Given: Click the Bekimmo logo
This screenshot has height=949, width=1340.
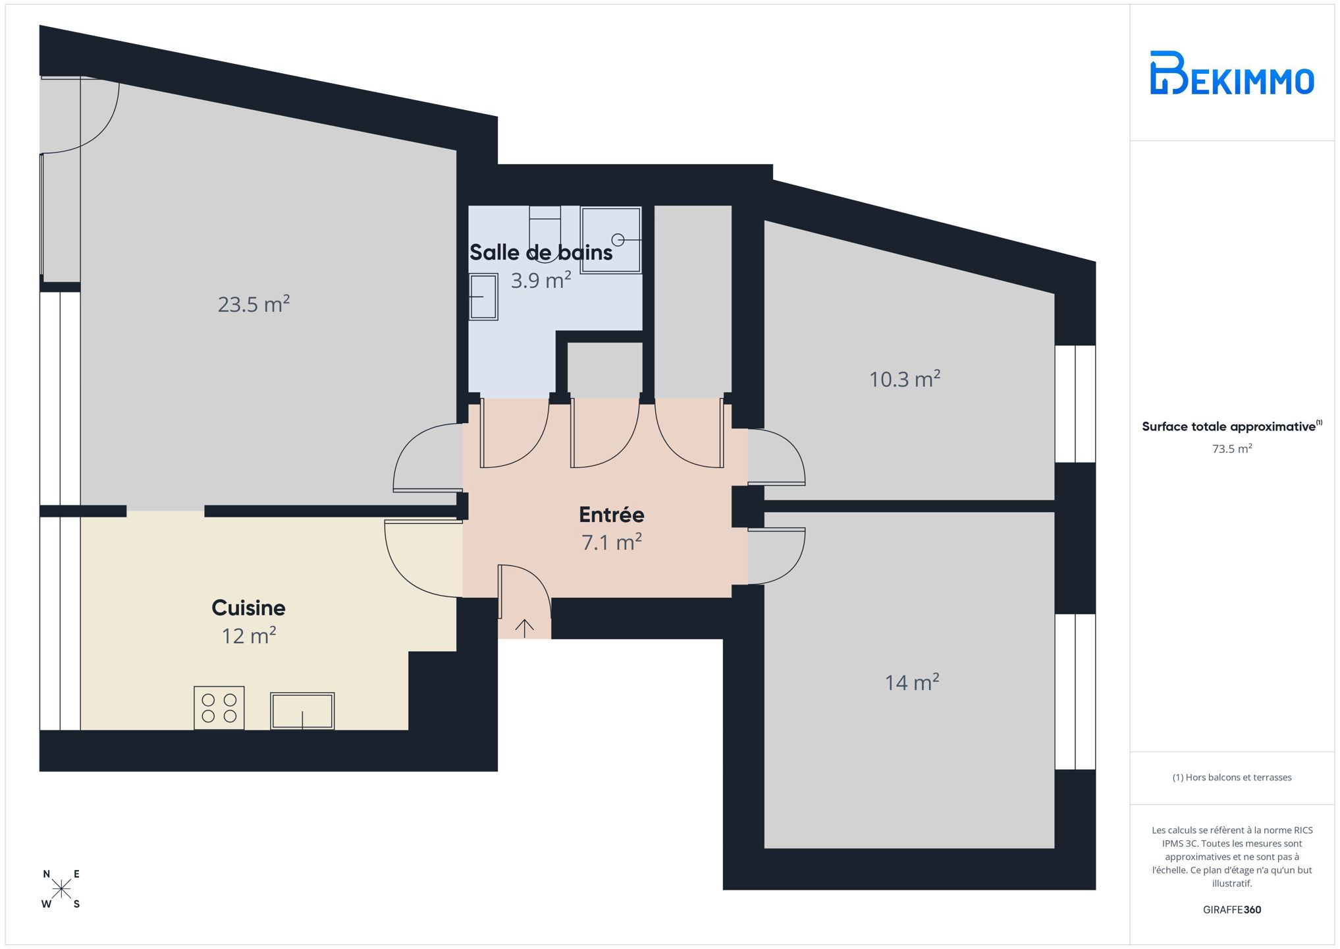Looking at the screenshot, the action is (1231, 72).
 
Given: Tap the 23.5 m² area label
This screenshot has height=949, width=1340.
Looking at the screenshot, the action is (254, 304).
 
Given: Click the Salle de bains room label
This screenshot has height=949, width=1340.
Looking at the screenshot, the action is (541, 252).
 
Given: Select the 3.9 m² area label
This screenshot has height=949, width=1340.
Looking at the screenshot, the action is (541, 280).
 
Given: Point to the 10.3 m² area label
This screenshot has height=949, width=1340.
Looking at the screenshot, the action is (904, 379).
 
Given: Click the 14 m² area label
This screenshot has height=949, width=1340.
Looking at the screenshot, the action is (911, 682).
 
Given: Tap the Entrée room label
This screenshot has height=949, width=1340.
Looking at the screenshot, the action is (611, 514).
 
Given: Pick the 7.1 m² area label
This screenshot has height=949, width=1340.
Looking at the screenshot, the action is (611, 542).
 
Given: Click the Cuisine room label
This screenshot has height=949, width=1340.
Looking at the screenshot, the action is (248, 608).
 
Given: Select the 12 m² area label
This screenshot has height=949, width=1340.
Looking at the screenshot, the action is (248, 635).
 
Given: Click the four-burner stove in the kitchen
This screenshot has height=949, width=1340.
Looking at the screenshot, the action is (219, 708).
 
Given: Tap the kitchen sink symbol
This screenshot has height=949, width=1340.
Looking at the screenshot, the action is (302, 710).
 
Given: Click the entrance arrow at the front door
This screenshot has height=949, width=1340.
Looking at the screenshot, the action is (524, 628).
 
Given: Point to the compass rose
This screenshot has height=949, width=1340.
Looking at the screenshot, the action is (61, 890).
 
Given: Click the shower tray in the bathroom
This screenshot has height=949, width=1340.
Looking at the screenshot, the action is (610, 239).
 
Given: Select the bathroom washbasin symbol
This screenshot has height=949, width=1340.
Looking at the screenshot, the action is (483, 297).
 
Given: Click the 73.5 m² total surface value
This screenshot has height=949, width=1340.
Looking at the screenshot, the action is (1231, 449).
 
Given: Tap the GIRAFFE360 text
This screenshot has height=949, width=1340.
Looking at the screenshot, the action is (1231, 909).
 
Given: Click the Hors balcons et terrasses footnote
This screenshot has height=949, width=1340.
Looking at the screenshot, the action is (1231, 778).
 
